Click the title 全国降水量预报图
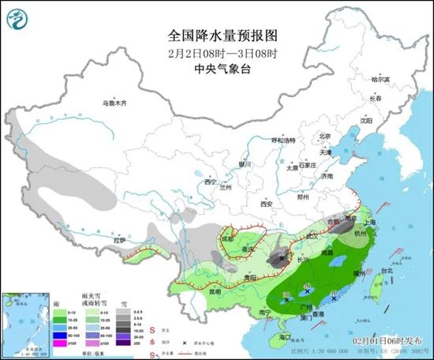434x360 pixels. [216, 36]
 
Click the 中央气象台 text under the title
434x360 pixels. [216, 69]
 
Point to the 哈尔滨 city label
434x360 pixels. [380, 80]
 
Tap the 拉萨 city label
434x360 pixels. [119, 239]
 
